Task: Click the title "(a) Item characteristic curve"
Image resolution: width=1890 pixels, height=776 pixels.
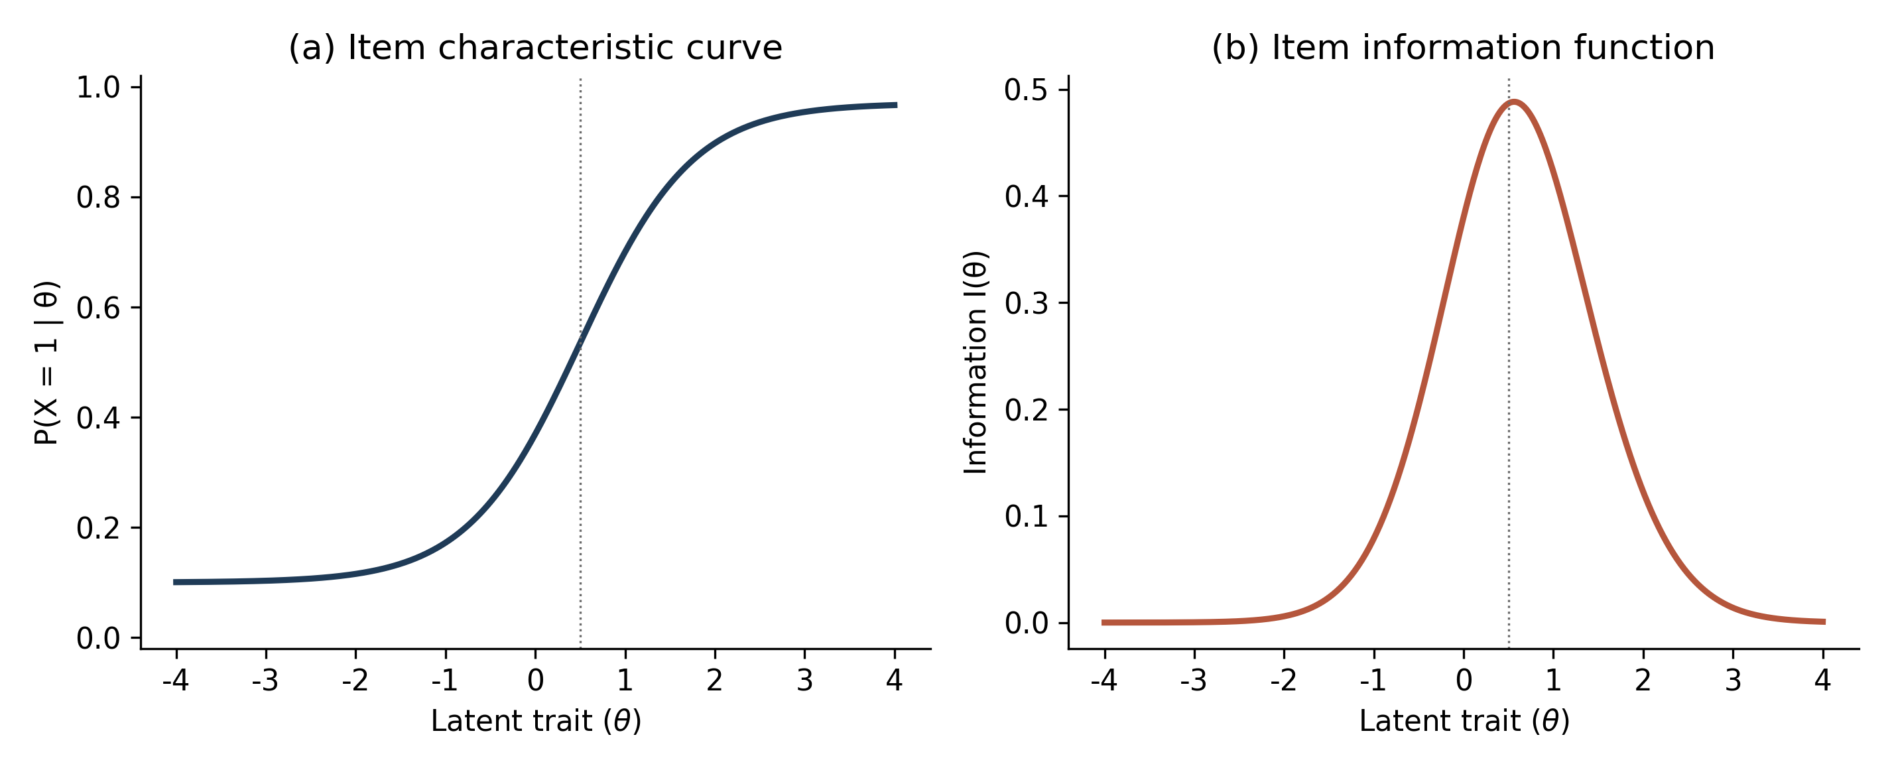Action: click(x=535, y=48)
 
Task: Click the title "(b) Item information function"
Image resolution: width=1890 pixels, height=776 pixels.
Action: click(x=1463, y=48)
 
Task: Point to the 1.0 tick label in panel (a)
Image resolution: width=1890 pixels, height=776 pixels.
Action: click(x=98, y=88)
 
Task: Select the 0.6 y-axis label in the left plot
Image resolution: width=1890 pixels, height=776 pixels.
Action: click(x=98, y=308)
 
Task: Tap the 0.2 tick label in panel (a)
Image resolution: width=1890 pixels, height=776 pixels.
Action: click(x=98, y=528)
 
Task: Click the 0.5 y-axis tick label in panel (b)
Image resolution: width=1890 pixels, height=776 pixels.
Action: click(x=1027, y=90)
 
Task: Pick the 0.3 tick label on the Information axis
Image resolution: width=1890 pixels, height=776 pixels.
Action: click(x=1027, y=304)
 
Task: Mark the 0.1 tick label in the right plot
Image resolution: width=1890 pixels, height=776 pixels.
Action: click(x=1027, y=517)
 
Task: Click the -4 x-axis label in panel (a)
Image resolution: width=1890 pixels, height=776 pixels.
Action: click(x=176, y=680)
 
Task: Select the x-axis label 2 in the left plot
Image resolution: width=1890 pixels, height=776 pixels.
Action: click(x=715, y=680)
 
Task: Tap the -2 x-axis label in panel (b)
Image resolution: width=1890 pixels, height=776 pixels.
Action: click(x=1283, y=680)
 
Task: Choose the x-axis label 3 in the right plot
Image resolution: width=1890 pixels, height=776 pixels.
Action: click(x=1733, y=680)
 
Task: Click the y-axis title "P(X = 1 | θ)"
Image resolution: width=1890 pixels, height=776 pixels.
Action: click(x=47, y=363)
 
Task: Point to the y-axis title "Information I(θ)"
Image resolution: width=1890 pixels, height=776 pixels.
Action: click(x=975, y=363)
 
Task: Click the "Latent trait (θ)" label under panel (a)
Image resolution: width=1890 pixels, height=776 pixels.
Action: click(x=536, y=722)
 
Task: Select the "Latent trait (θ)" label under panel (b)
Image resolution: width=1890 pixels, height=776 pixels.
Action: click(x=1464, y=722)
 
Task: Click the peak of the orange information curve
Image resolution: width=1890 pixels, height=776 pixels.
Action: click(x=1513, y=102)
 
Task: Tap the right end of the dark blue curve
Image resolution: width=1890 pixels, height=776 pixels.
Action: click(x=897, y=105)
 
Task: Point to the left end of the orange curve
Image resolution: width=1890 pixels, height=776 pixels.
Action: click(x=1103, y=623)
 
